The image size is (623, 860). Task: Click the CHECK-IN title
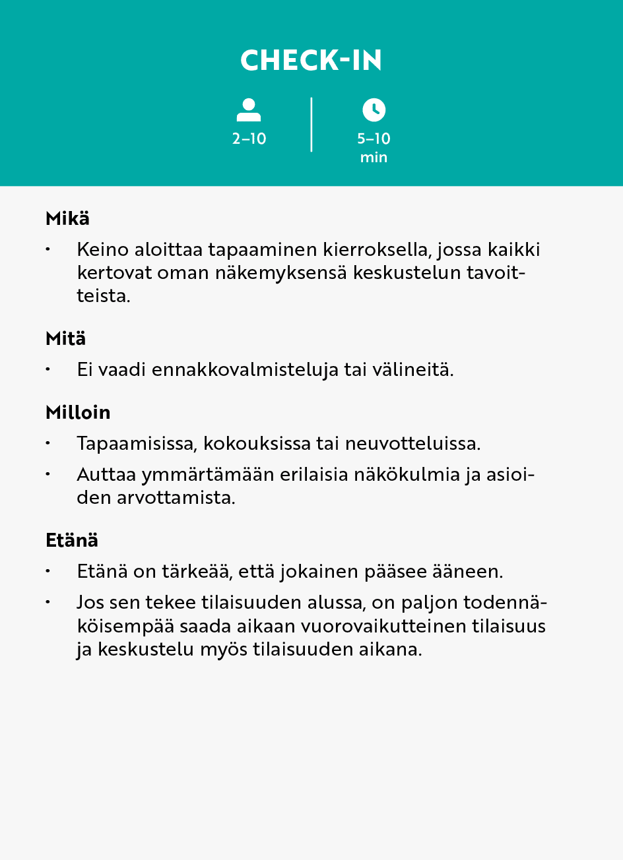pyautogui.click(x=311, y=61)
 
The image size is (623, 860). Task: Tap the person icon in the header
pyautogui.click(x=249, y=110)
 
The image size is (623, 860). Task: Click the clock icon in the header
pyautogui.click(x=374, y=109)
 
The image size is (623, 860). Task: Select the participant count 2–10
pyautogui.click(x=249, y=139)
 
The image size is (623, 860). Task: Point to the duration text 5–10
pyautogui.click(x=374, y=139)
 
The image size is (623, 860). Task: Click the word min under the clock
pyautogui.click(x=374, y=158)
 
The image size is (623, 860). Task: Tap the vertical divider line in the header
pyautogui.click(x=311, y=125)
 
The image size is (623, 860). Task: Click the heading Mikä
pyautogui.click(x=67, y=218)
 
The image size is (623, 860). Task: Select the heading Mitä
pyautogui.click(x=66, y=338)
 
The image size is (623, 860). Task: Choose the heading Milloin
pyautogui.click(x=78, y=412)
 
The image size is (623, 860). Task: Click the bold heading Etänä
pyautogui.click(x=72, y=540)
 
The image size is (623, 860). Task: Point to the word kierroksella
pyautogui.click(x=376, y=250)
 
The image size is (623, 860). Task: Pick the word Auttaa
pyautogui.click(x=106, y=475)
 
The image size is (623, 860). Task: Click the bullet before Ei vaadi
pyautogui.click(x=48, y=369)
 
